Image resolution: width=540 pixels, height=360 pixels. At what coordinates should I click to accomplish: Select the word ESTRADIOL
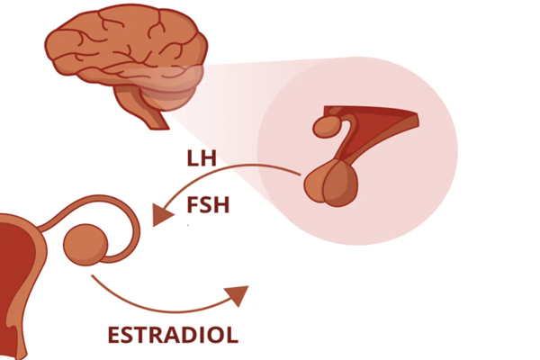tap(173, 336)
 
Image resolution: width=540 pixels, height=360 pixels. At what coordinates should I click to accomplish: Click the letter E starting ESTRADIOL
tap(114, 336)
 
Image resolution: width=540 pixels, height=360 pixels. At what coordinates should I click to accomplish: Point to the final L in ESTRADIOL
tap(232, 336)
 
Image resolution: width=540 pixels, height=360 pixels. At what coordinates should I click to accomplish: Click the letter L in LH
tap(193, 160)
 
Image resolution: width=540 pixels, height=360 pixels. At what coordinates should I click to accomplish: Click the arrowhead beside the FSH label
tap(163, 215)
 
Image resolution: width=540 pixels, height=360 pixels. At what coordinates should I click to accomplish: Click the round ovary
tap(88, 241)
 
